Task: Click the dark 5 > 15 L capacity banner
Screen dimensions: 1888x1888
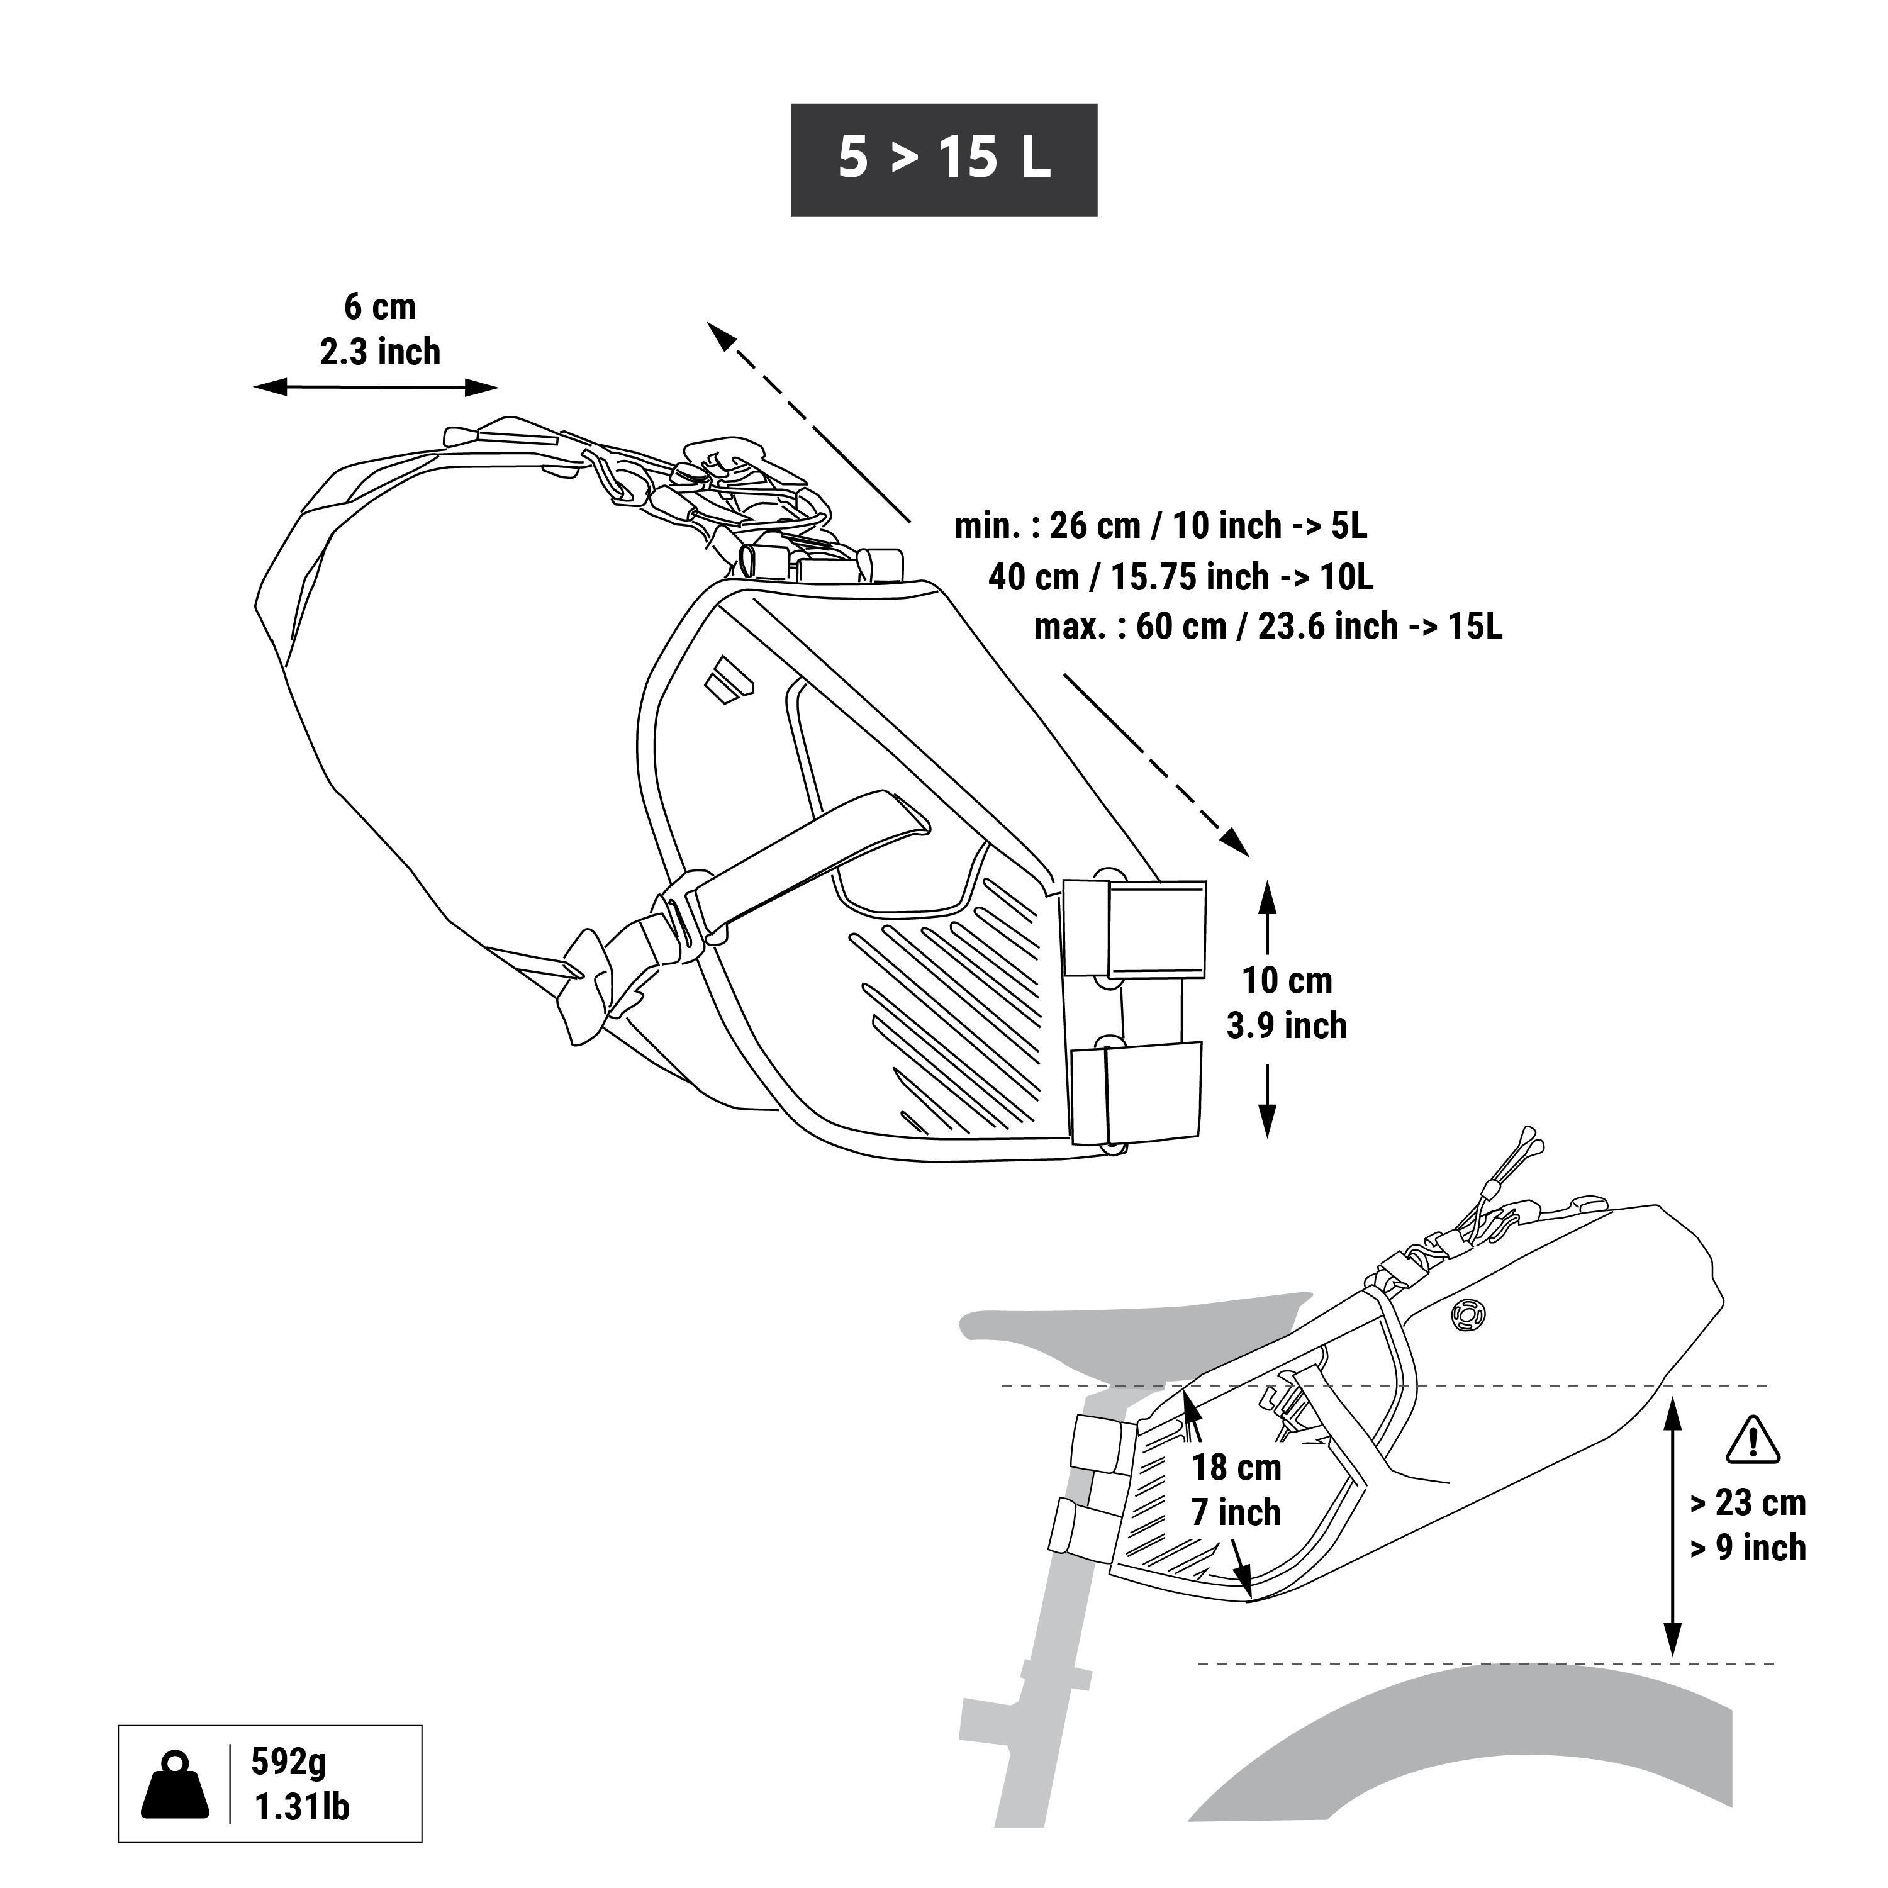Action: tap(943, 159)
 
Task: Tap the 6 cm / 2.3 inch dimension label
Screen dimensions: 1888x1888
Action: tap(380, 329)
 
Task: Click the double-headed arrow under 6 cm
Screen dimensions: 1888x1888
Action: tap(376, 388)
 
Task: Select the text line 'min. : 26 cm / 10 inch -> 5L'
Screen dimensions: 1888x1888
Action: tap(1160, 526)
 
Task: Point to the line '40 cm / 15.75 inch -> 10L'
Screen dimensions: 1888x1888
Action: tap(1180, 576)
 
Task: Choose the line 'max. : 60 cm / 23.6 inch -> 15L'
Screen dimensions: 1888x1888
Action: tap(1268, 627)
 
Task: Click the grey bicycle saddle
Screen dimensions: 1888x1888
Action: tap(1124, 1334)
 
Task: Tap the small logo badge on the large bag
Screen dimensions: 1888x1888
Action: tap(727, 679)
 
